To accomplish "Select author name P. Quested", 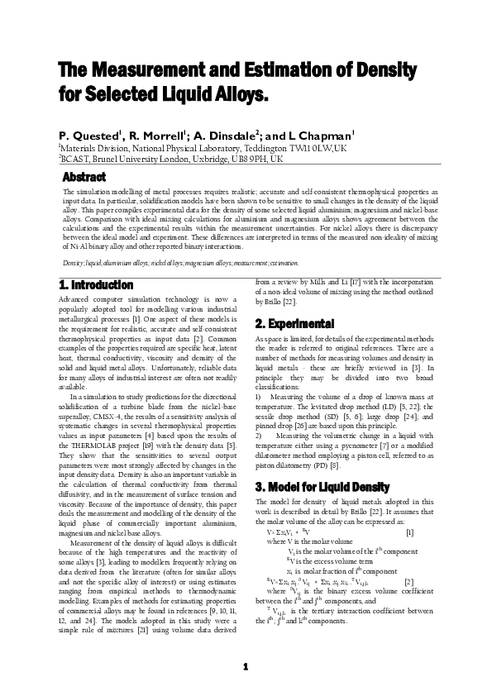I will pos(88,134).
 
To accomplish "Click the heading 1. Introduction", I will pos(97,284).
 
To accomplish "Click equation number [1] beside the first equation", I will pos(410,532).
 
